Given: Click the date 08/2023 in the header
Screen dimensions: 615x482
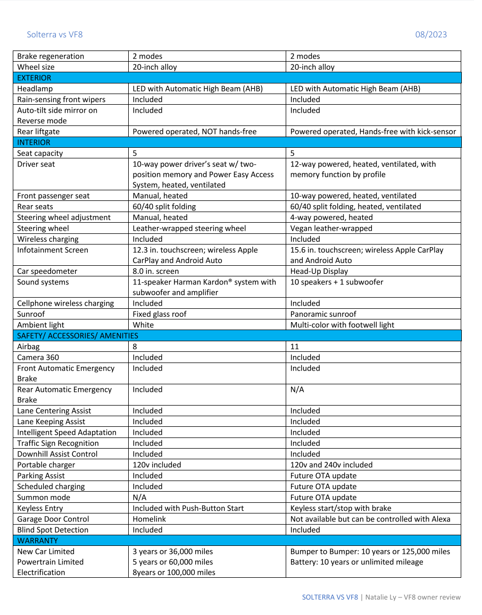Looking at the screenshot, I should click(x=431, y=35).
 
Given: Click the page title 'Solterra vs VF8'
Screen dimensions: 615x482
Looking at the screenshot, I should click(x=55, y=35).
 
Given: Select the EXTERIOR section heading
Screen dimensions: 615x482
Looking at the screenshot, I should click(x=35, y=78).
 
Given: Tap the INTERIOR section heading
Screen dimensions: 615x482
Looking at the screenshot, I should click(x=34, y=142).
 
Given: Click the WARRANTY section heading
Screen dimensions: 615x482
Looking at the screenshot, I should click(x=37, y=541).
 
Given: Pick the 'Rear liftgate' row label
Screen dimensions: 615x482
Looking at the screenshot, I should click(x=38, y=131).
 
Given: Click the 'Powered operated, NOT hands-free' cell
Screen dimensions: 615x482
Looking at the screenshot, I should click(x=195, y=131).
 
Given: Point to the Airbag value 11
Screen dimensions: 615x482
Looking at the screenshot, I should click(x=295, y=347).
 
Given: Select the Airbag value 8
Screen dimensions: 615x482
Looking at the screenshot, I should click(x=135, y=347).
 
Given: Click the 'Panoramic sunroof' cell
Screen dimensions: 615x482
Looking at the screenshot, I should click(x=323, y=314).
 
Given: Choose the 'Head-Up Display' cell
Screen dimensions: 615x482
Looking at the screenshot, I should click(x=319, y=271).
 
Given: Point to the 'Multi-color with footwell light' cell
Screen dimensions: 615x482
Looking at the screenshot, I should click(x=342, y=325).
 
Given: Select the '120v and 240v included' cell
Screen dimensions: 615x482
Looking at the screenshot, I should click(x=331, y=465).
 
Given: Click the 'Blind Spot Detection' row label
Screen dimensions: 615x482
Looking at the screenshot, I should click(x=53, y=529).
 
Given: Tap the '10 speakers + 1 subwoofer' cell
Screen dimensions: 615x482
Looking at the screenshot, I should click(x=337, y=282).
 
